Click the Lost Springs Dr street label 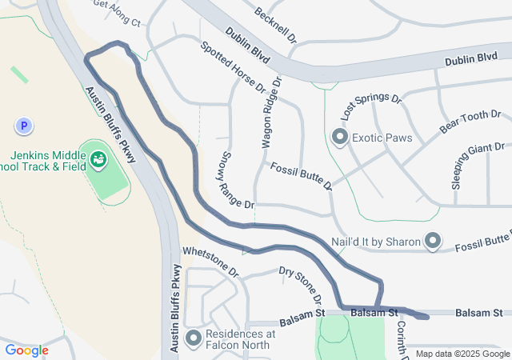(370, 106)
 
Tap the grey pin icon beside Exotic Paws (339, 138)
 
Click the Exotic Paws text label (382, 138)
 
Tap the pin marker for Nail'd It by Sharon (433, 240)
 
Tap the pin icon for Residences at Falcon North (193, 338)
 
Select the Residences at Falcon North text (240, 339)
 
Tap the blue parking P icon (23, 126)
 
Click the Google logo (26, 350)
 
